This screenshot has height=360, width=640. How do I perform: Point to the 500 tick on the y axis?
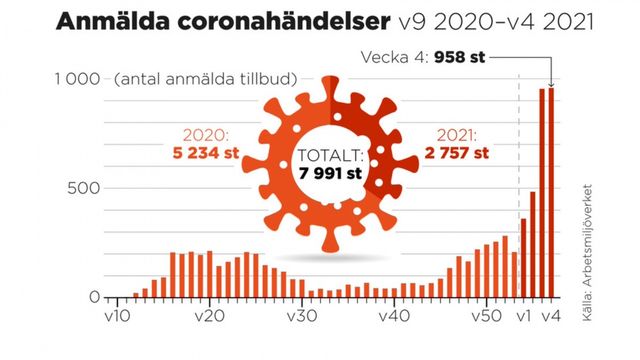(x=86, y=189)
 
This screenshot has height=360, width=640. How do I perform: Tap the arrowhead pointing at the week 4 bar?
(x=550, y=84)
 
